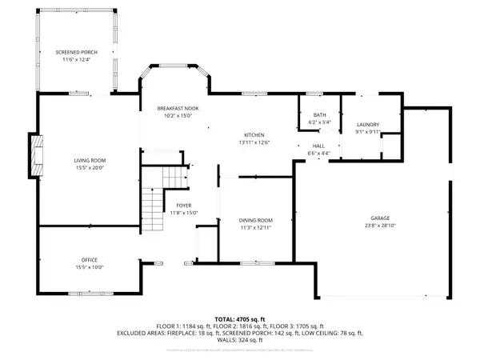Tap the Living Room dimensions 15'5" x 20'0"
(90, 168)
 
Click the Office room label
(90, 260)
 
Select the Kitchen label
(254, 134)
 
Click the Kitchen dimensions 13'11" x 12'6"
(254, 142)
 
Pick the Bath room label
(319, 115)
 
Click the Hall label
(318, 146)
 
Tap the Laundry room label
(368, 125)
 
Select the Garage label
(379, 218)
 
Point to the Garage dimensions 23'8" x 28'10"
(379, 226)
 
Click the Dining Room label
(256, 220)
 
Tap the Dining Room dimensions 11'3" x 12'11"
(256, 228)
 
